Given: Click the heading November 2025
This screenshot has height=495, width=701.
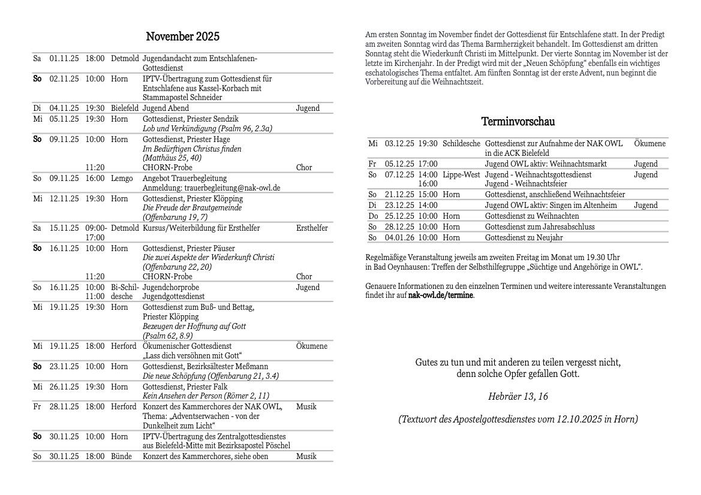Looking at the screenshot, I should pos(183,37).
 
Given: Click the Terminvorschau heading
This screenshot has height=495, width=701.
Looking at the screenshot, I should pos(518,122).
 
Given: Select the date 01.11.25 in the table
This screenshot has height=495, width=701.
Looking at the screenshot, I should pos(64,59).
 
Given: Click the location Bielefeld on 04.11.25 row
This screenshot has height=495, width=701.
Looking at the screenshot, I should pos(125,108).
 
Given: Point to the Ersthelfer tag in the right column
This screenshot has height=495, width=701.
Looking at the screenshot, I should pos(312,228).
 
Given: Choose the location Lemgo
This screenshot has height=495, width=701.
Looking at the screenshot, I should pos(122,179).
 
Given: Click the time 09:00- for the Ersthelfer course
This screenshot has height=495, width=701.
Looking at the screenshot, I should pos(96,228).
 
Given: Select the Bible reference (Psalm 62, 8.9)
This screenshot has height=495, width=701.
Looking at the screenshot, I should pos(167,336).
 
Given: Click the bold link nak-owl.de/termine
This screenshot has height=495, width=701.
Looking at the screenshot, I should pos(441,295).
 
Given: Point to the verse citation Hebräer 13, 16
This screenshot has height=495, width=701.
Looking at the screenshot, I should pos(518,397).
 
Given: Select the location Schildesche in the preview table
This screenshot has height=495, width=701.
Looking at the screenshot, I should pos(461,144).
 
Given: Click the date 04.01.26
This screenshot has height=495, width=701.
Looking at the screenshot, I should pos(399,238).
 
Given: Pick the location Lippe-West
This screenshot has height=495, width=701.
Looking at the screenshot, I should pos(461,175).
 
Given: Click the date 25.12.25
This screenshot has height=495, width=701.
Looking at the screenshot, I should pos(399,216).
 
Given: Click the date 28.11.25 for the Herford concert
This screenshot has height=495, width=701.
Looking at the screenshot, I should pos(64,407).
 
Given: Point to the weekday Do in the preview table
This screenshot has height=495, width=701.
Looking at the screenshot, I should pos(373,216).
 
